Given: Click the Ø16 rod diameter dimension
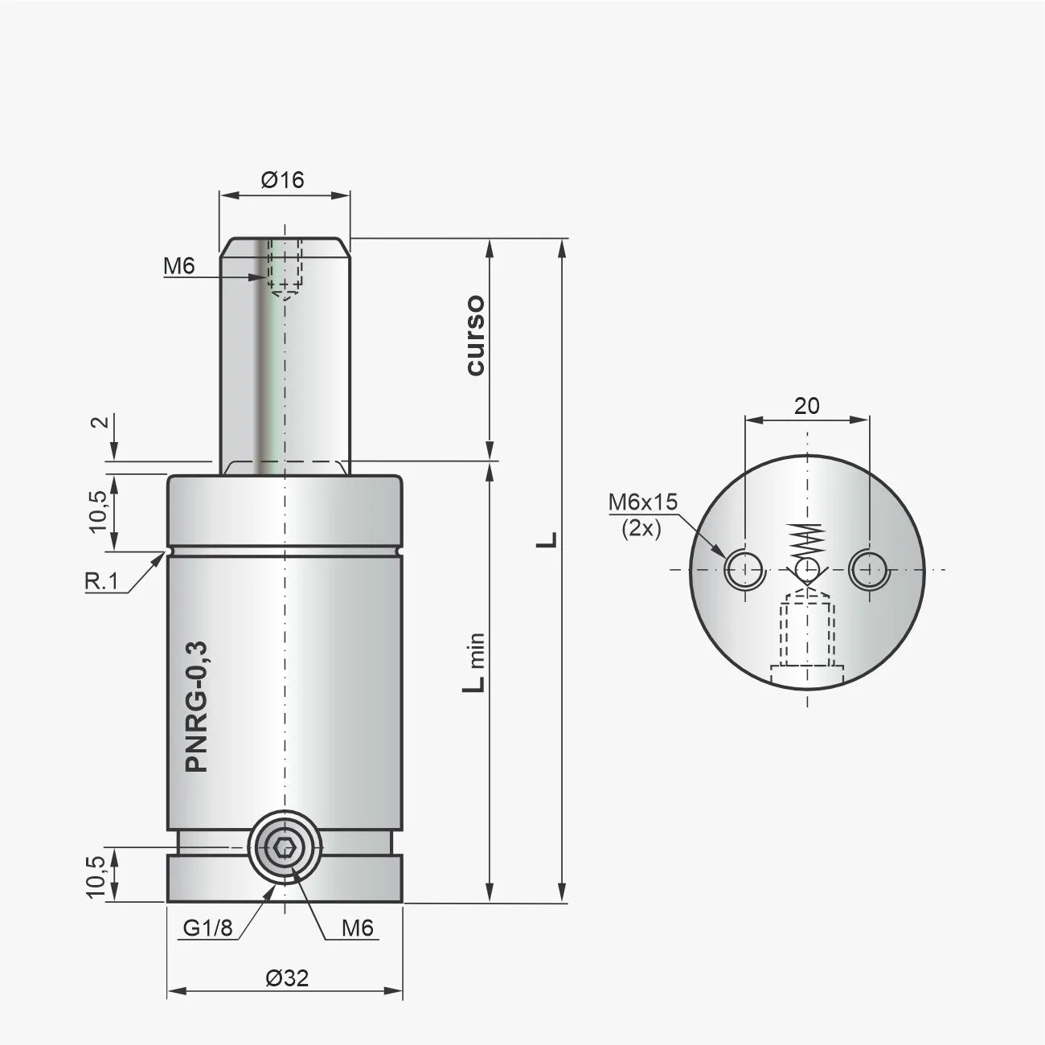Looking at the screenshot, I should tap(283, 179).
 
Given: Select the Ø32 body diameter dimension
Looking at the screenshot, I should tap(286, 978).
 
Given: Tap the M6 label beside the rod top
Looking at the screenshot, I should tap(178, 266).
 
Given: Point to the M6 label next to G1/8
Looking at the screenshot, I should tap(358, 928).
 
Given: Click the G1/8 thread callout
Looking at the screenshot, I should tap(207, 928).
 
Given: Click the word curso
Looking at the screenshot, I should tap(475, 335).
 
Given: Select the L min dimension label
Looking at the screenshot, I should tap(477, 661).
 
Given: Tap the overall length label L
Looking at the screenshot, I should tap(547, 539).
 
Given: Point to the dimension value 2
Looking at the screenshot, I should tap(98, 423).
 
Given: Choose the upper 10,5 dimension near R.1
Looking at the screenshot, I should tap(98, 510).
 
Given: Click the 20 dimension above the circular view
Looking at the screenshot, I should tap(806, 406).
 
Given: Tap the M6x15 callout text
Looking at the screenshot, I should tap(642, 502).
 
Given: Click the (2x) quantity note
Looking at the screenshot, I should tap(641, 530).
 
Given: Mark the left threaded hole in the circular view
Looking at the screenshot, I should tap(744, 570).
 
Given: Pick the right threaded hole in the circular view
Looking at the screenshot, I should tap(868, 570).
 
